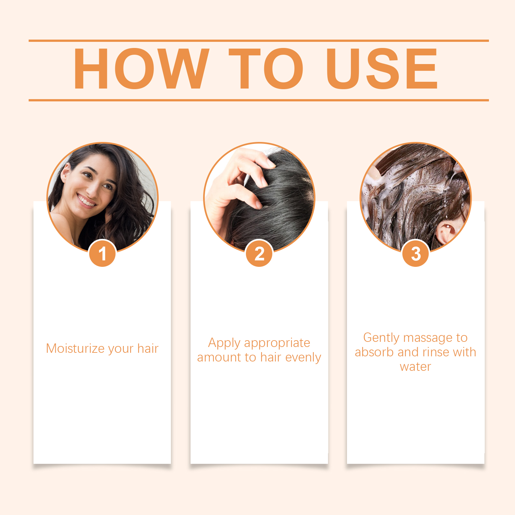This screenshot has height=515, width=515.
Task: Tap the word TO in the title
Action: coord(266,69)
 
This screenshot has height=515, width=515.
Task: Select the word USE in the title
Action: coord(382,69)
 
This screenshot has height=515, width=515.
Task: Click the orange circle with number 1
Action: coord(102,254)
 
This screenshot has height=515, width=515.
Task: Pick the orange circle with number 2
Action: coord(259,254)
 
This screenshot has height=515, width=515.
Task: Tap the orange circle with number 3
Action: coord(416,254)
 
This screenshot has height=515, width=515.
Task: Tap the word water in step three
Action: coord(416,367)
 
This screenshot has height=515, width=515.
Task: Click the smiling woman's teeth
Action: coord(86,200)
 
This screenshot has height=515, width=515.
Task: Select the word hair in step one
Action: coord(148,348)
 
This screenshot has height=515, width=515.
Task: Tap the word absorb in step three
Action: coord(374,352)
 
